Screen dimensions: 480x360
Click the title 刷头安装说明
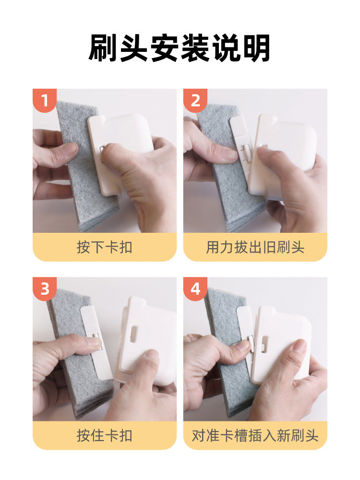[x=180, y=48]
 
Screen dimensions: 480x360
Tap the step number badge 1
[x=45, y=101]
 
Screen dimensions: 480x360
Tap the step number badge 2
[x=195, y=101]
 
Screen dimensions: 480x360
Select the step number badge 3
[x=45, y=289]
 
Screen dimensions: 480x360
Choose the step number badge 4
[x=195, y=289]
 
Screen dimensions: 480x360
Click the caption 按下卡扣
[x=104, y=247]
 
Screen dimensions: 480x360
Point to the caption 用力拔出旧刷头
[x=255, y=247]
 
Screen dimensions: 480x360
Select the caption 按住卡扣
[x=104, y=435]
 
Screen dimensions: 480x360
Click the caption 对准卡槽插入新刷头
[x=255, y=435]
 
